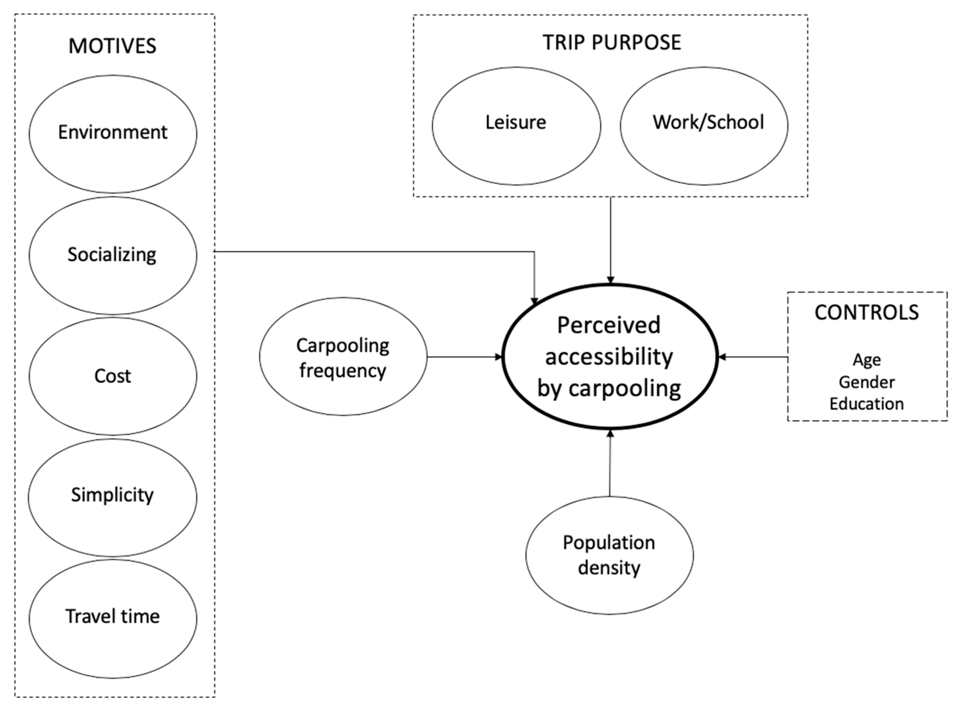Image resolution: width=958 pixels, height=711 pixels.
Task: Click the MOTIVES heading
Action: coord(112,46)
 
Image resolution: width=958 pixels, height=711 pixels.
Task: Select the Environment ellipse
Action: coord(113,133)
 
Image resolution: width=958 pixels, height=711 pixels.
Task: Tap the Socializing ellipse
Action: coord(113,255)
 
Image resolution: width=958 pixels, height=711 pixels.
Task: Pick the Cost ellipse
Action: coord(113,376)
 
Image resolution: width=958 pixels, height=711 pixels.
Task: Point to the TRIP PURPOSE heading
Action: coord(612,43)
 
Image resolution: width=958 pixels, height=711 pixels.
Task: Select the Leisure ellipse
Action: coord(516,125)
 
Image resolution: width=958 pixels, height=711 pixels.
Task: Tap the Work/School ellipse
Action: coord(705,125)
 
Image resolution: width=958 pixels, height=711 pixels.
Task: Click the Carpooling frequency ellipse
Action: coord(343,357)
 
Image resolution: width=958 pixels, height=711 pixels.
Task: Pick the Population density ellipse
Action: coord(609,555)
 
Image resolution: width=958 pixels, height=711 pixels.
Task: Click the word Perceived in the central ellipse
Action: coord(609,325)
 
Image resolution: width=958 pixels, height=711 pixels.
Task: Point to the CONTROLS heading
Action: coord(867,313)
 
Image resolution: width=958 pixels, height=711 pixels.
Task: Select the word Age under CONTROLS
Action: coord(867,360)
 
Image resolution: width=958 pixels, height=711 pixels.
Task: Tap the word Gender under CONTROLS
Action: coord(867,382)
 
